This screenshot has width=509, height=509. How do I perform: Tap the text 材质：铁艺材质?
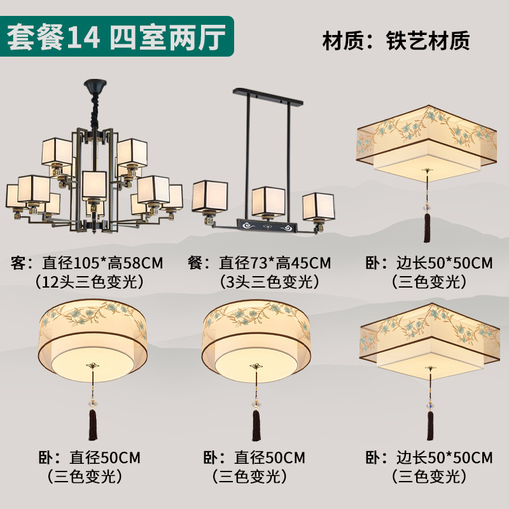[396, 40]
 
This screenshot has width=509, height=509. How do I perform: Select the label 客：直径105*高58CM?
[87, 262]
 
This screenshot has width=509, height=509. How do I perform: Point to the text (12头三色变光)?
[87, 281]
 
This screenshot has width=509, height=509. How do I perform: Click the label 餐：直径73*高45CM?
[260, 262]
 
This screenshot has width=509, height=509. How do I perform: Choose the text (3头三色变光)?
[260, 281]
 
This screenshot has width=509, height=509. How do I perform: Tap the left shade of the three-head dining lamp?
[210, 199]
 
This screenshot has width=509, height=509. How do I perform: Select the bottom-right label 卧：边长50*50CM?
[429, 457]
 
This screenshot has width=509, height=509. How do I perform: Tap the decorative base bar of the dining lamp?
[263, 225]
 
